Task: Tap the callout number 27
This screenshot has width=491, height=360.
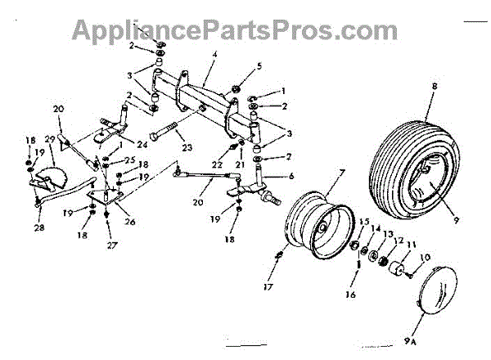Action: pos(109,245)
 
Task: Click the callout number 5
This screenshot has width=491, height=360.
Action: pos(259,65)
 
